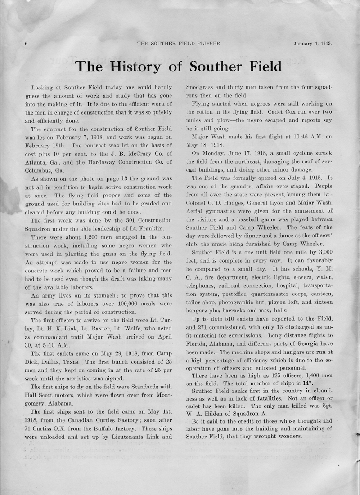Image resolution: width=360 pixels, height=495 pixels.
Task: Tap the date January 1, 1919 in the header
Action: (313, 44)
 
